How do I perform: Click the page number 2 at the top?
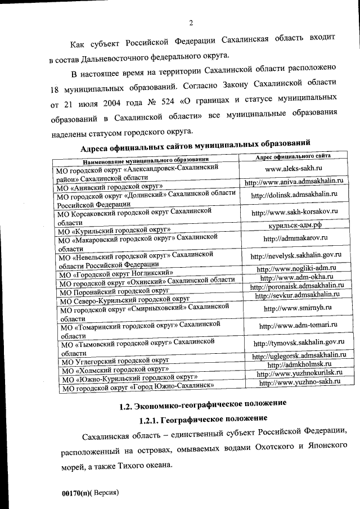pyautogui.click(x=191, y=23)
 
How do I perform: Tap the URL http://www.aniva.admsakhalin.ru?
pyautogui.click(x=294, y=182)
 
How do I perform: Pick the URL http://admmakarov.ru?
pyautogui.click(x=291, y=238)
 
